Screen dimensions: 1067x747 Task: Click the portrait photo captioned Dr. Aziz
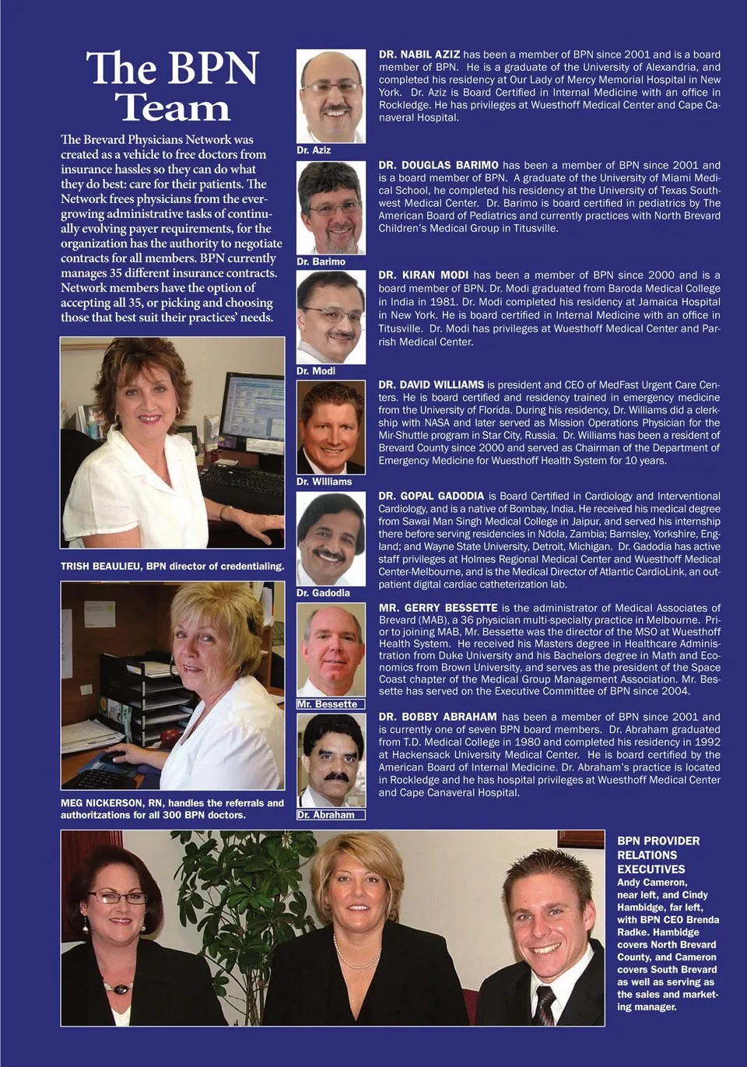click(331, 96)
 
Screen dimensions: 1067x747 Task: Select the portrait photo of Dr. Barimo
click(331, 207)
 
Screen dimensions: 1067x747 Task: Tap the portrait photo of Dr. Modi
click(331, 317)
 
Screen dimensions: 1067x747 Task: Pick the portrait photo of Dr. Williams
click(331, 427)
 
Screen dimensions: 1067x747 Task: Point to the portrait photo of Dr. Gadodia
click(331, 539)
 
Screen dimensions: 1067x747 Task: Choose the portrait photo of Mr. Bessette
click(331, 650)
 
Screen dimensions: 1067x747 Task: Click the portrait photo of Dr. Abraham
click(331, 760)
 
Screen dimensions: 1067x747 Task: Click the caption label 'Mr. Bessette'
click(327, 704)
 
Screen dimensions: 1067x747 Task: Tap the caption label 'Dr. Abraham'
click(326, 815)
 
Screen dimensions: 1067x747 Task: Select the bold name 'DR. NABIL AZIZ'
click(419, 54)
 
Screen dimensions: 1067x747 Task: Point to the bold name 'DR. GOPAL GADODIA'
click(431, 496)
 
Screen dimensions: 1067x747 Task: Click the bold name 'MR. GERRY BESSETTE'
click(438, 608)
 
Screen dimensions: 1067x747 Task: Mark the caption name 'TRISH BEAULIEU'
click(102, 567)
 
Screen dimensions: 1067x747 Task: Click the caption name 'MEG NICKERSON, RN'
click(113, 803)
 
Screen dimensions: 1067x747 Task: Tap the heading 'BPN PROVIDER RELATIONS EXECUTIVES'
click(658, 855)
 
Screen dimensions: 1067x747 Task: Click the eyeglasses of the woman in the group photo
click(117, 897)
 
